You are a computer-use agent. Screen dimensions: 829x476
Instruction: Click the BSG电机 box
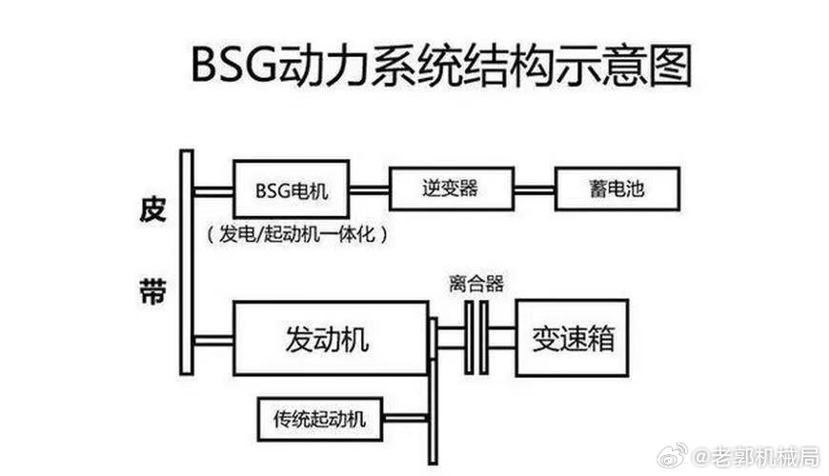[292, 188]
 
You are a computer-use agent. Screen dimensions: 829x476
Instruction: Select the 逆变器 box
[452, 188]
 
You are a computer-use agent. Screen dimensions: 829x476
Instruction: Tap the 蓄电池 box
[617, 188]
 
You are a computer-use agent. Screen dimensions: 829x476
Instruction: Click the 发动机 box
[331, 338]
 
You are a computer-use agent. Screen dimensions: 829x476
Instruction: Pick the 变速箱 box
[572, 338]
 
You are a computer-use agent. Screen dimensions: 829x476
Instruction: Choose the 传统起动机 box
[320, 419]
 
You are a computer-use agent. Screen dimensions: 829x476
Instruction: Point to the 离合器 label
[476, 284]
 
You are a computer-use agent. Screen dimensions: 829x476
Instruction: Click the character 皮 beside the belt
[152, 209]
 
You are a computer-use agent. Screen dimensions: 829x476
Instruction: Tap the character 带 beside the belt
[152, 291]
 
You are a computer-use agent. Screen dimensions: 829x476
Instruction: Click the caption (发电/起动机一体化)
[296, 233]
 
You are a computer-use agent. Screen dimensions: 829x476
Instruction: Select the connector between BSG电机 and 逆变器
[369, 189]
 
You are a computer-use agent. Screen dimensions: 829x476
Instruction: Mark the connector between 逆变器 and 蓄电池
[534, 189]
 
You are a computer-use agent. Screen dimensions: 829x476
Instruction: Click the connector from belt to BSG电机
[213, 191]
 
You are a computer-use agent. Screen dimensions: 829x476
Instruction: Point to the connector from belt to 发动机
[213, 341]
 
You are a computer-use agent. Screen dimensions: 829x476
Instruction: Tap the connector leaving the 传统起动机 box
[405, 419]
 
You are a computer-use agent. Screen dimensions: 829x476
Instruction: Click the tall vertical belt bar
[187, 263]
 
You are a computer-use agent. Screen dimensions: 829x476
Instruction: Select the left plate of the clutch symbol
[469, 338]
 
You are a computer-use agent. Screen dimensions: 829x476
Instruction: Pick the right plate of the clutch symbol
[484, 338]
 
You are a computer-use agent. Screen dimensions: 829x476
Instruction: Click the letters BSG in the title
[233, 65]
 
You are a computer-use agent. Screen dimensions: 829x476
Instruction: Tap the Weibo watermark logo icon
[673, 455]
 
